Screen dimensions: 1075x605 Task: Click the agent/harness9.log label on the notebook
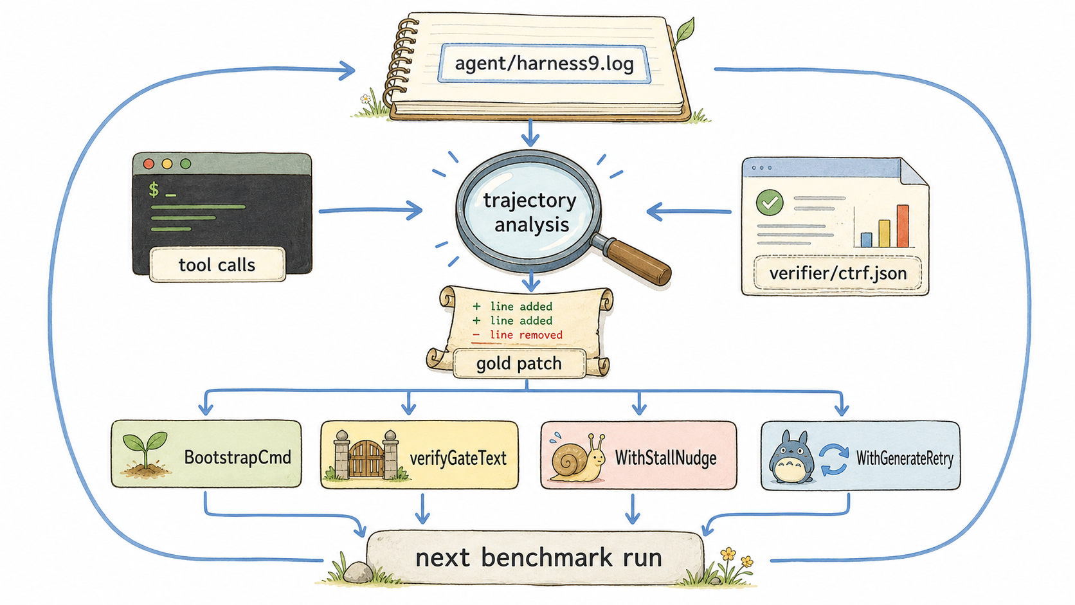tap(544, 64)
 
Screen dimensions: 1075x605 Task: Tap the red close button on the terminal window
tap(149, 164)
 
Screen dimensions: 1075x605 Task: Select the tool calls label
tap(217, 264)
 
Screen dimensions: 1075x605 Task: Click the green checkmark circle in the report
tap(770, 203)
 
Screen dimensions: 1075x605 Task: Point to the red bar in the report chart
tap(903, 226)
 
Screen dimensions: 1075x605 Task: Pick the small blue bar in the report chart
tap(866, 240)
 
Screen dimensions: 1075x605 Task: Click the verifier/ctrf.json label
tap(838, 273)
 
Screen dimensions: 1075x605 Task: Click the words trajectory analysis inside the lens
tap(530, 213)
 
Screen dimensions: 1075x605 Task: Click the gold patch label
tap(519, 363)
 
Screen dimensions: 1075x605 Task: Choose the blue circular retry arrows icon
tap(834, 459)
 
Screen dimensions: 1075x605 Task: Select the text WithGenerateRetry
tap(905, 458)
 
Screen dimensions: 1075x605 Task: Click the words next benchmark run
tap(538, 557)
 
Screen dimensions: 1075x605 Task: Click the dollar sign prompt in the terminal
tap(154, 190)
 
